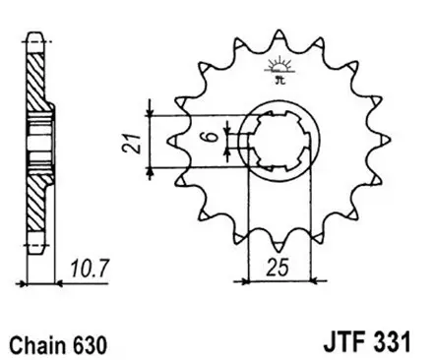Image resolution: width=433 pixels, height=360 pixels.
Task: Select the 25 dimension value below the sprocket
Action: (x=278, y=267)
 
